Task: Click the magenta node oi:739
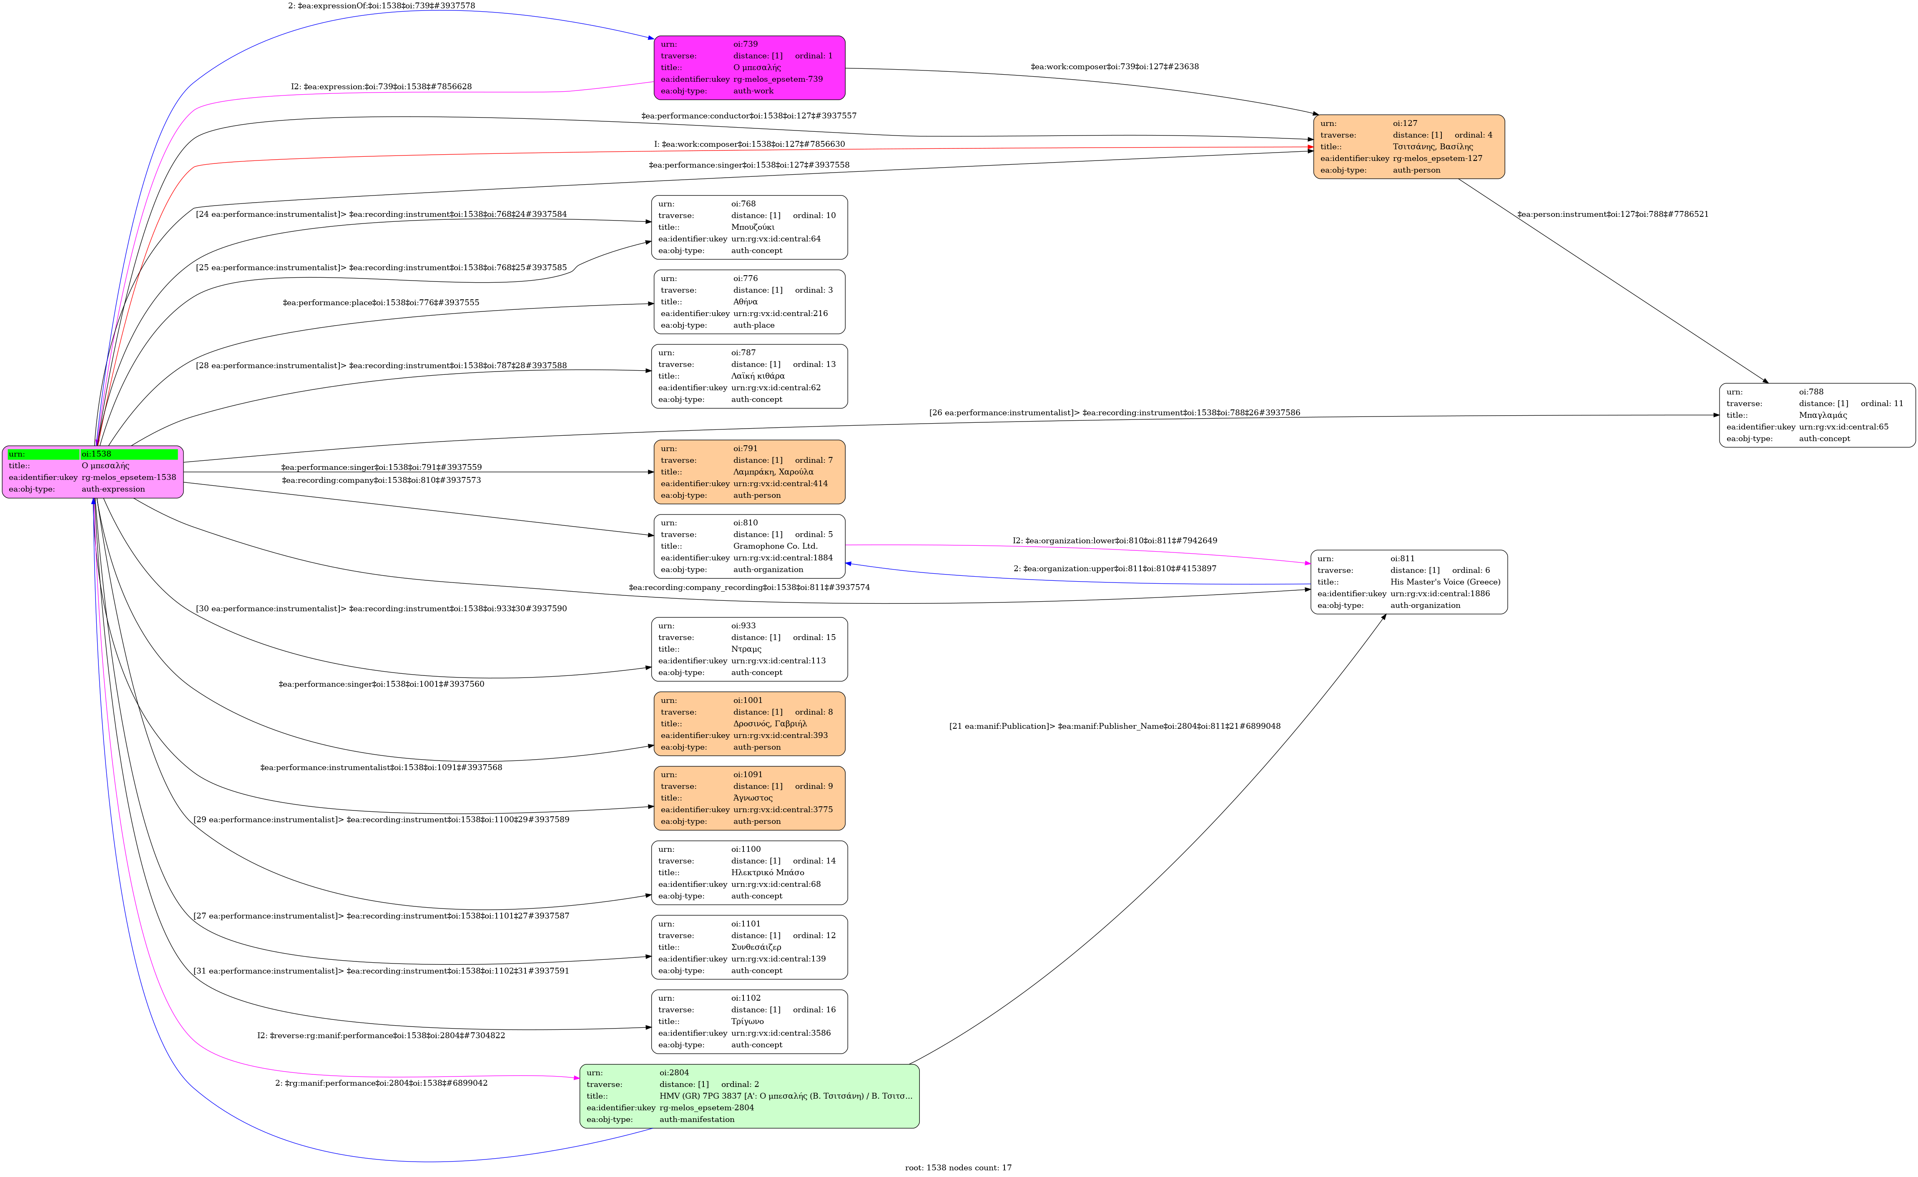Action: (749, 68)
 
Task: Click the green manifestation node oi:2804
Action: (749, 1096)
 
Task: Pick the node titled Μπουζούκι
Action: (749, 227)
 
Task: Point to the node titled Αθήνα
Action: (749, 302)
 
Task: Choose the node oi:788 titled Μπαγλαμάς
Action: (1817, 415)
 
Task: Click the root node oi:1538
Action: (93, 472)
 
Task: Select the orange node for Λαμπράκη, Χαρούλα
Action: (749, 472)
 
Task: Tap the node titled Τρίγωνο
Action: (749, 1021)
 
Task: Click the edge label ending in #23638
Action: (1114, 67)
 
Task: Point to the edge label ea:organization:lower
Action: (1115, 541)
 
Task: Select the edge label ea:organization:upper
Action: (1115, 569)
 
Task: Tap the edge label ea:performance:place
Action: (381, 303)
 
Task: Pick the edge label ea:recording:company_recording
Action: (749, 588)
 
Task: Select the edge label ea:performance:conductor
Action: (749, 116)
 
